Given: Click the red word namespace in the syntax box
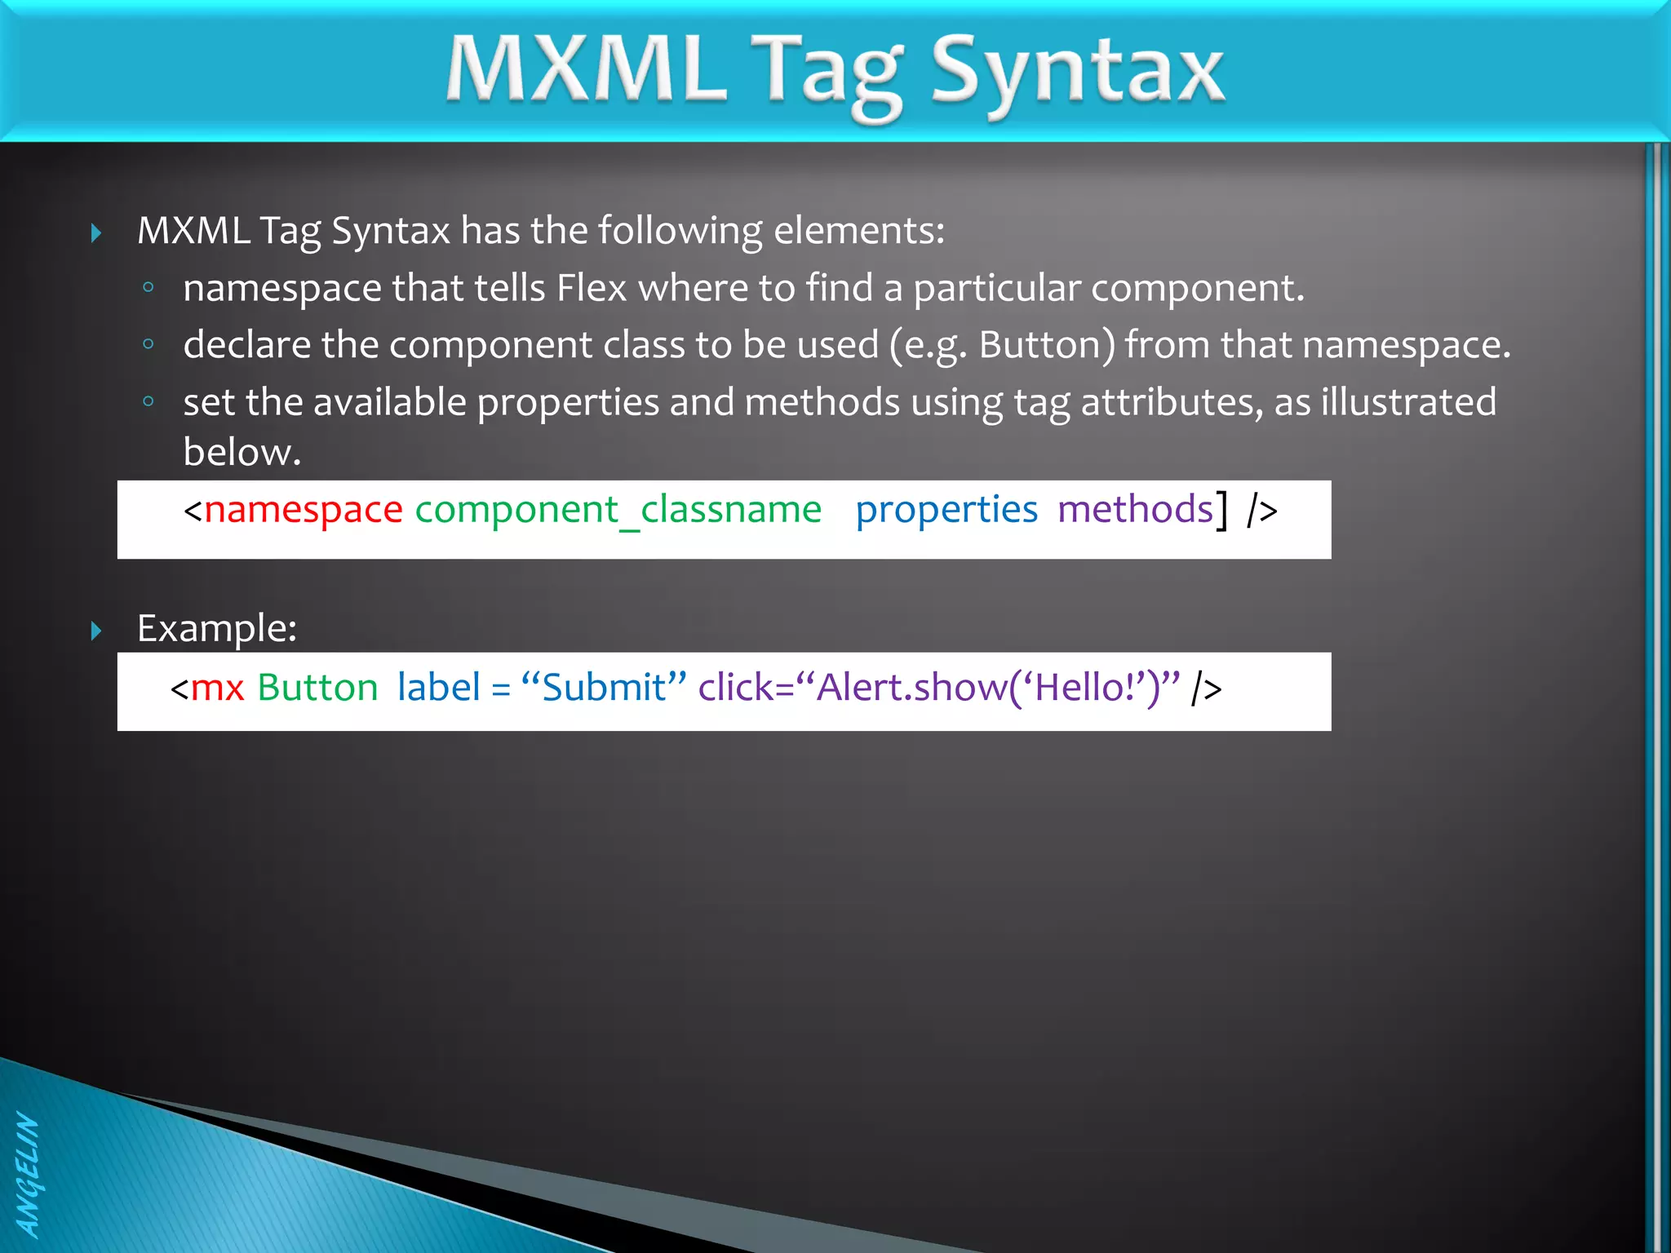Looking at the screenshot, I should pos(304,510).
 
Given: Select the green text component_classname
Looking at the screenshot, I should pos(618,510).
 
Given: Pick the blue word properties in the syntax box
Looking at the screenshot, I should pos(946,510).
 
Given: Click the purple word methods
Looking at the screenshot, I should pos(1135,510).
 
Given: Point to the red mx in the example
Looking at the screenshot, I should pos(217,688).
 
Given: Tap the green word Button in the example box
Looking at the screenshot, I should pos(317,688).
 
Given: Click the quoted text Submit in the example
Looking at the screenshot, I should pos(604,688).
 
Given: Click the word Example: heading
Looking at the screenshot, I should pos(217,629).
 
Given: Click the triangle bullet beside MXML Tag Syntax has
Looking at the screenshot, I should pos(96,233).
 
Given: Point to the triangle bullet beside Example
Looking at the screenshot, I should pos(96,631).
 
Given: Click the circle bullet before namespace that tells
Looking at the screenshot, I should pos(148,287).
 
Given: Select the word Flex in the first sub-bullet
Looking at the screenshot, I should pos(592,288).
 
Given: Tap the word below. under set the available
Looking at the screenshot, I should pos(242,452).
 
